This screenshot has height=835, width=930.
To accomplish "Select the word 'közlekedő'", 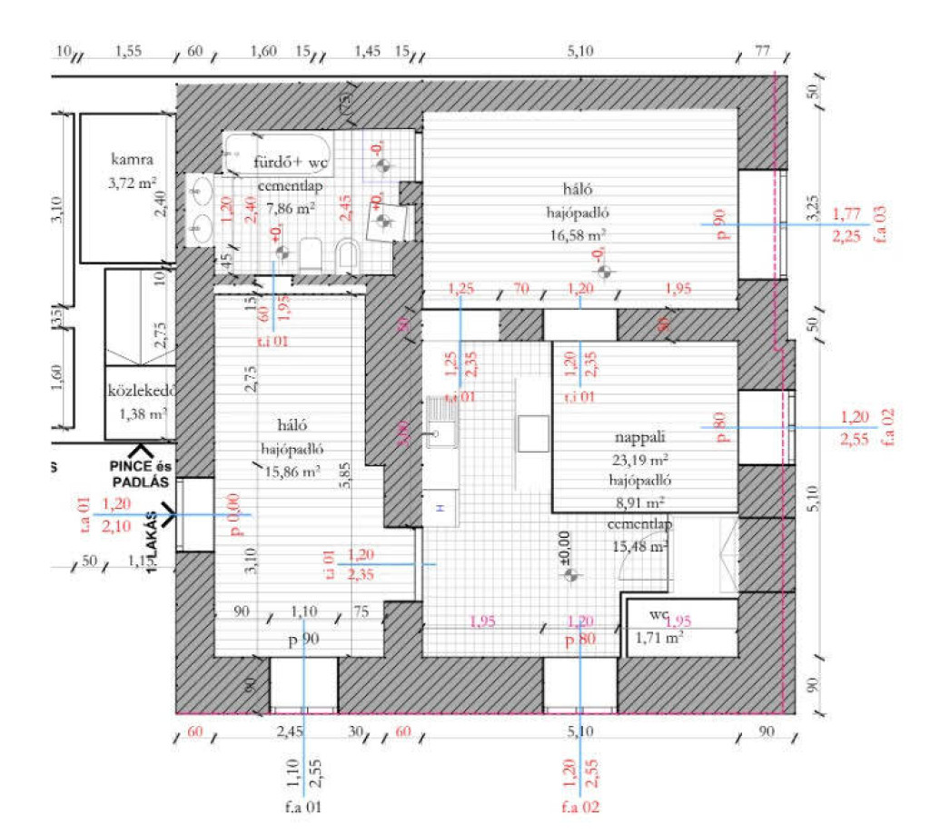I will tap(141, 393).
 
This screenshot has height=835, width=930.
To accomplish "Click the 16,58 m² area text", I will tap(578, 234).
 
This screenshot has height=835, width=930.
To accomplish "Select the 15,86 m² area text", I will tap(291, 472).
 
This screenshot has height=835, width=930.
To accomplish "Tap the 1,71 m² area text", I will tap(659, 638).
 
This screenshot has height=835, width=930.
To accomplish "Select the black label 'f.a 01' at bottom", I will tap(302, 806).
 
